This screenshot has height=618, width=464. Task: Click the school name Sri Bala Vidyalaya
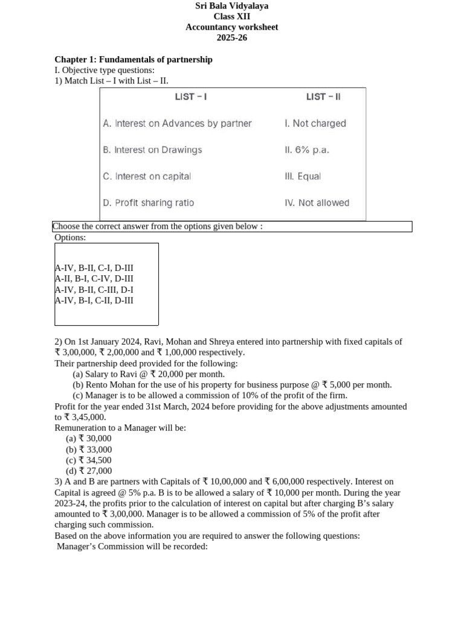pyautogui.click(x=232, y=6)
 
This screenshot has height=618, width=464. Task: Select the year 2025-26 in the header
pyautogui.click(x=232, y=38)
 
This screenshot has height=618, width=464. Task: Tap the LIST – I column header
pyautogui.click(x=191, y=97)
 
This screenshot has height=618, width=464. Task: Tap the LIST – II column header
pyautogui.click(x=323, y=97)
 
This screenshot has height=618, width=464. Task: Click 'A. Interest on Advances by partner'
pyautogui.click(x=177, y=123)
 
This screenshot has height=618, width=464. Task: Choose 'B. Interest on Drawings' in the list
pyautogui.click(x=152, y=150)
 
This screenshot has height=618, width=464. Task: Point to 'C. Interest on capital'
pyautogui.click(x=147, y=176)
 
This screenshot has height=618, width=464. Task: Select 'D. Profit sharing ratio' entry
pyautogui.click(x=149, y=203)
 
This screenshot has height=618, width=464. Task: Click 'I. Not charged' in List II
pyautogui.click(x=315, y=123)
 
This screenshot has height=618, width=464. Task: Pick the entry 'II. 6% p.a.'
pyautogui.click(x=307, y=150)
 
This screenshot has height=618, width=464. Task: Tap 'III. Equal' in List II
pyautogui.click(x=303, y=176)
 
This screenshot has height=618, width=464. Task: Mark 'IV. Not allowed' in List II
pyautogui.click(x=317, y=203)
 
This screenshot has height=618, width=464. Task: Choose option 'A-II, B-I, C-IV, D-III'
pyautogui.click(x=94, y=279)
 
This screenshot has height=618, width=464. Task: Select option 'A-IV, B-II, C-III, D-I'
pyautogui.click(x=94, y=290)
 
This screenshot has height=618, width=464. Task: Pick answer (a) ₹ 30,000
pyautogui.click(x=89, y=439)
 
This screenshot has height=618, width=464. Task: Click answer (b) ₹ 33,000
pyautogui.click(x=89, y=450)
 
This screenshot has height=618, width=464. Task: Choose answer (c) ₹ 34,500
pyautogui.click(x=89, y=460)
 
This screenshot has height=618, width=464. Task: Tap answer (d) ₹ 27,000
pyautogui.click(x=89, y=471)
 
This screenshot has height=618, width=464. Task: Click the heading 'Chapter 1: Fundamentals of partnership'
pyautogui.click(x=134, y=60)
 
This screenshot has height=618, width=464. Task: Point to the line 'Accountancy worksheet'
pyautogui.click(x=232, y=27)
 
